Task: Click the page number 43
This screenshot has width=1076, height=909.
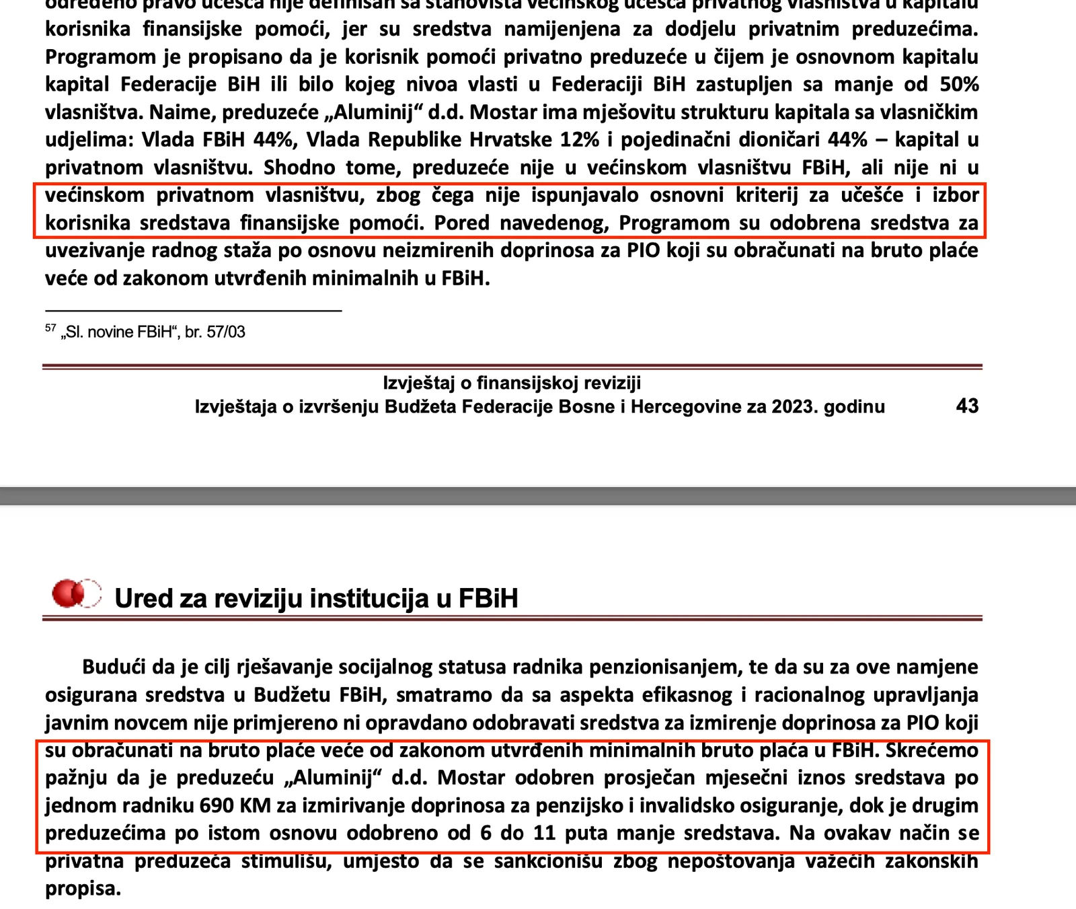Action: click(967, 406)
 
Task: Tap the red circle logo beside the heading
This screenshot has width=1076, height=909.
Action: click(76, 593)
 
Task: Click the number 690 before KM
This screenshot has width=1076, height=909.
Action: click(216, 805)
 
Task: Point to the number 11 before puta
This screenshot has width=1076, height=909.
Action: click(544, 833)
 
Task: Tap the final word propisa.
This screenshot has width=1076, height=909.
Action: click(83, 889)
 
